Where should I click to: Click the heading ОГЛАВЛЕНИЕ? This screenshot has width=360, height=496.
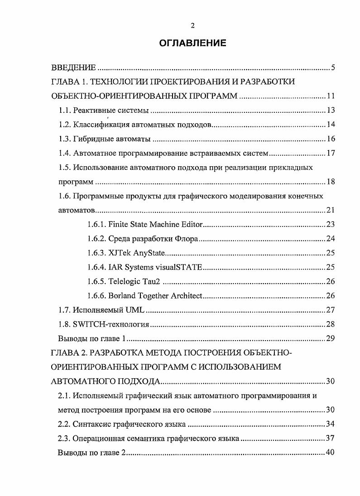click(x=193, y=43)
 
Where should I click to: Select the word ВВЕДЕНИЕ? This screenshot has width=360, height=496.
click(x=73, y=68)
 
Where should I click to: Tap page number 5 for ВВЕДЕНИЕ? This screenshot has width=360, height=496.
click(x=332, y=68)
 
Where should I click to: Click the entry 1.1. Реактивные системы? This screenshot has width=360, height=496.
click(x=104, y=110)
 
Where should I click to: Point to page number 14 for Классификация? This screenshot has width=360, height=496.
click(x=330, y=125)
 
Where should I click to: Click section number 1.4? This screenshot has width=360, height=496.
click(x=65, y=153)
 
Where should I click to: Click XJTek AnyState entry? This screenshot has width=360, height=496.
click(x=127, y=253)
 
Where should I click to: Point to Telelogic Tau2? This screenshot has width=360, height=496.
click(x=125, y=281)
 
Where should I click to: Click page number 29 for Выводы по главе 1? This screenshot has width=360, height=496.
click(x=330, y=339)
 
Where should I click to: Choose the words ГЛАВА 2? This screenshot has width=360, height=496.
click(x=68, y=353)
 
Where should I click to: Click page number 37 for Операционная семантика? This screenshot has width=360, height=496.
click(x=330, y=438)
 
